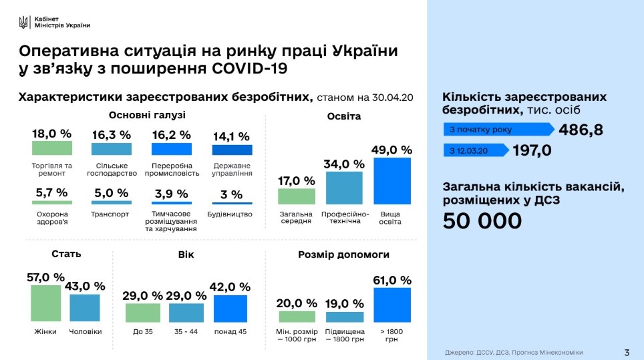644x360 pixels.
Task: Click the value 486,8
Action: point(581,130)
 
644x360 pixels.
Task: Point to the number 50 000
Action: point(482,221)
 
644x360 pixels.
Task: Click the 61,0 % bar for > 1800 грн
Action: point(391,305)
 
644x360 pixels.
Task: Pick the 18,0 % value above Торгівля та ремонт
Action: point(51,134)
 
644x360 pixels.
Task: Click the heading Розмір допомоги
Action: point(344,254)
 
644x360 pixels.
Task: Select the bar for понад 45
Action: point(231,309)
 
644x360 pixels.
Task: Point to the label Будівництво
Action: point(232,214)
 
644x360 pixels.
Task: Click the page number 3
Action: point(626,352)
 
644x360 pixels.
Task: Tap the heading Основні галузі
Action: point(138,115)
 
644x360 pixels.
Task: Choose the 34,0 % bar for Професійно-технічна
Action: point(344,188)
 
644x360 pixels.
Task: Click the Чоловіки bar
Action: point(85,308)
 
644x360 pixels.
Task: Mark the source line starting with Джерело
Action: point(514,352)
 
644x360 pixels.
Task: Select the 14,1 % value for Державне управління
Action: point(232,136)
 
